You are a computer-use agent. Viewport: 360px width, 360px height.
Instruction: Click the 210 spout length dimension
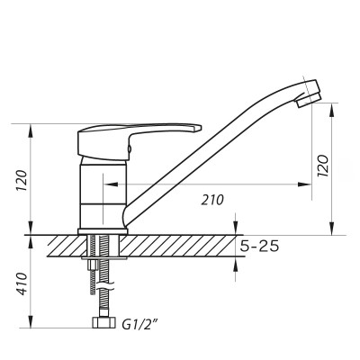point(212,200)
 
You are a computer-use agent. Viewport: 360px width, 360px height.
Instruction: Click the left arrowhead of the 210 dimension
point(109,184)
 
